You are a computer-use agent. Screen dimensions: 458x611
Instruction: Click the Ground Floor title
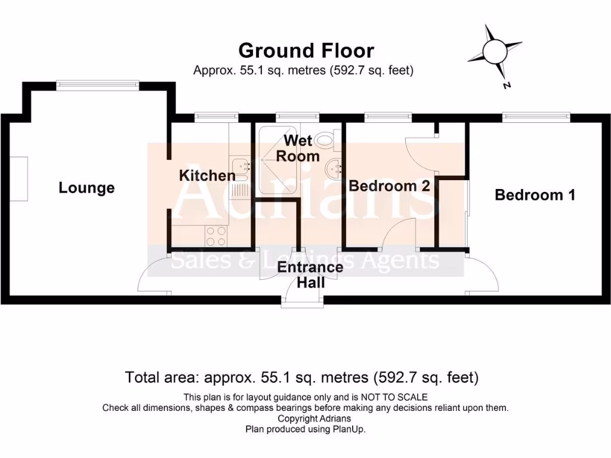coord(306,50)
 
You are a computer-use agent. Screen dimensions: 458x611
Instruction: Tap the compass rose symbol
coord(495,51)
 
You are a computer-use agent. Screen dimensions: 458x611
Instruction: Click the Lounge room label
coord(87,188)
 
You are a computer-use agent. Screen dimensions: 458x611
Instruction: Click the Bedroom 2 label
coord(389,186)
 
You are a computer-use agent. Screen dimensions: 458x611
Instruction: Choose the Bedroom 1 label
coord(535,195)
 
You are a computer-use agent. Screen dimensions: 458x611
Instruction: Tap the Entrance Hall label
coord(310,274)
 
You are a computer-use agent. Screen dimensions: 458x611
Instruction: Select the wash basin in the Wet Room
coord(332,171)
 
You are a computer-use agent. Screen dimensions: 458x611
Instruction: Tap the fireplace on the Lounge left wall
coord(20,180)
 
